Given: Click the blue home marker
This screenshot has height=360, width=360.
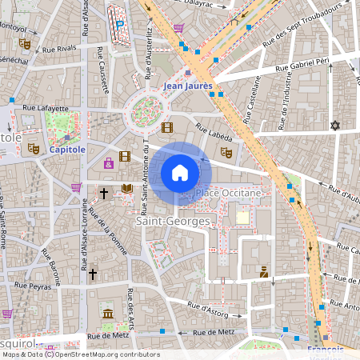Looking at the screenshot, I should pos(180,173).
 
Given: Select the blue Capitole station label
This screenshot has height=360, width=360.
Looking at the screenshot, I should pos(67,149).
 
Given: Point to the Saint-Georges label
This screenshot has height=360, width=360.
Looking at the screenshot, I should pos(172,220).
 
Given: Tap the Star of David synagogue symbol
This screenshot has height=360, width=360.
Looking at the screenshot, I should pos(335,126).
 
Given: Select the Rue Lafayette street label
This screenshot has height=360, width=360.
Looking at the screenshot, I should pos(46,107).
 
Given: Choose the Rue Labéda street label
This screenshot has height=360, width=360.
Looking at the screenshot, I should pos(212,129).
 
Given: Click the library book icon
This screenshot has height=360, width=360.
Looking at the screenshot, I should pos(126,189).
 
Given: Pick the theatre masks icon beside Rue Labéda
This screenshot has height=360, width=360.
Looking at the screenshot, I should pos(226,151).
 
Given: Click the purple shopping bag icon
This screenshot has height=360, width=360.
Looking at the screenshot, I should pos(108,163).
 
